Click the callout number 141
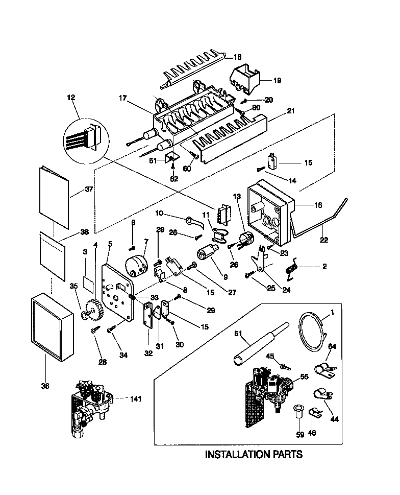136,398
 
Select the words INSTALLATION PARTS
254,454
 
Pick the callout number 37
89,190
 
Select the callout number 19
277,80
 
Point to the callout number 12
70,97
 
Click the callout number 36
45,386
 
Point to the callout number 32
149,352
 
